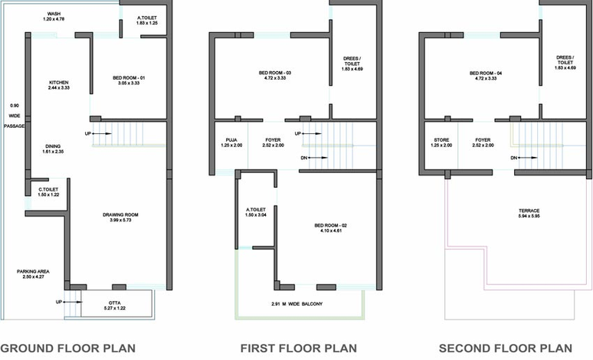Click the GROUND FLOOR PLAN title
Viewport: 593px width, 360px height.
tap(67, 348)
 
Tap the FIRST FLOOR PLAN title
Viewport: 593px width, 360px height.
tap(298, 348)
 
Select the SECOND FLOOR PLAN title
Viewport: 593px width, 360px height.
tap(505, 348)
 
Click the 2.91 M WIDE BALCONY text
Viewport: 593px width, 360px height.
tap(296, 303)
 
